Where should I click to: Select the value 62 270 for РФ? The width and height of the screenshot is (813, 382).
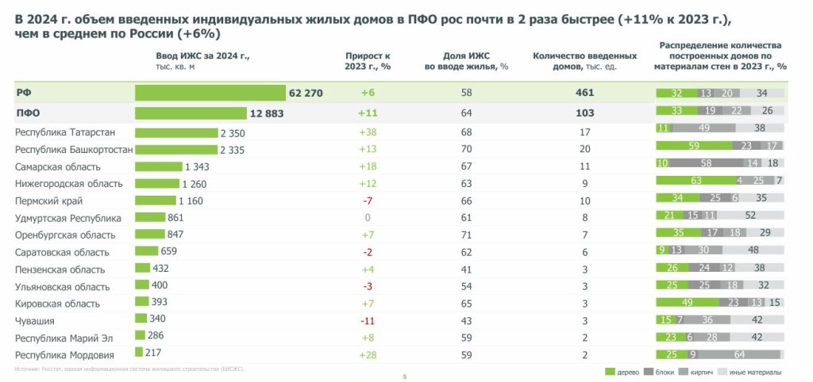click(306, 93)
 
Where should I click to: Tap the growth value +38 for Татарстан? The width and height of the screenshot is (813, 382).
click(368, 132)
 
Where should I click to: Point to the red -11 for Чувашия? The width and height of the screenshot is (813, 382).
click(368, 321)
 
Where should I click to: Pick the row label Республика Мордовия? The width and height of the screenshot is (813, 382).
click(65, 355)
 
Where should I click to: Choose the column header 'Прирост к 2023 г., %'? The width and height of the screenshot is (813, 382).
click(368, 61)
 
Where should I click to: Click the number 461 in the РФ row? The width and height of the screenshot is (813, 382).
click(584, 93)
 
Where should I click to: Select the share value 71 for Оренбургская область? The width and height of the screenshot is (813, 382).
click(466, 235)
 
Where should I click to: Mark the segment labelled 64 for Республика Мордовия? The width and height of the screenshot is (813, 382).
click(739, 354)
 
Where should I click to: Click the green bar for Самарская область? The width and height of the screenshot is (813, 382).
click(159, 166)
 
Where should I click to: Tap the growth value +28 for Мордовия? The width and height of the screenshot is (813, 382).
click(368, 355)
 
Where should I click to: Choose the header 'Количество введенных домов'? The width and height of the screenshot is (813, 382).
click(584, 61)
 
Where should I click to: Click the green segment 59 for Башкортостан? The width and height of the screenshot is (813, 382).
click(694, 146)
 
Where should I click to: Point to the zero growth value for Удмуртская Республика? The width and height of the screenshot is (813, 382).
click(368, 218)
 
